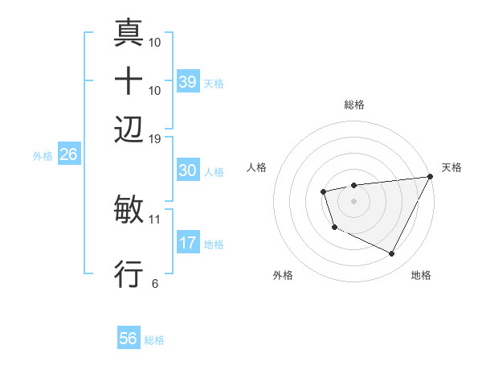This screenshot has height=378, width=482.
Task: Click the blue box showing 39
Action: (188, 81)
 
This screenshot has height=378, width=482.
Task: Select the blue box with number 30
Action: (188, 171)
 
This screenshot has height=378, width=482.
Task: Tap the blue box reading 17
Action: (188, 243)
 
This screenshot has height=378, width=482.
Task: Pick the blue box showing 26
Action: (68, 154)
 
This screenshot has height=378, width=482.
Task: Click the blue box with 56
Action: (128, 339)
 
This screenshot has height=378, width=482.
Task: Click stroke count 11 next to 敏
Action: (155, 218)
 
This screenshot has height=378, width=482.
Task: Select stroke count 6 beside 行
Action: (155, 282)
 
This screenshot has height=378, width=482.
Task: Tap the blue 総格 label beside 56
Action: (154, 340)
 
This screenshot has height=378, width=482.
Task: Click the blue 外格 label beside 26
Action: (42, 156)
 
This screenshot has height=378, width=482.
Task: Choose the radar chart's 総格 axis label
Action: (353, 105)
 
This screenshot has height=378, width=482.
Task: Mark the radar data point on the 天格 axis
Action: (430, 176)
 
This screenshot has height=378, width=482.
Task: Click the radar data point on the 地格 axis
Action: (392, 254)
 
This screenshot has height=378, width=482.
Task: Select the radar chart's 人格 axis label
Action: (257, 167)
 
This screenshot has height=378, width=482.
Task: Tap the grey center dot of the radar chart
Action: (353, 200)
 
